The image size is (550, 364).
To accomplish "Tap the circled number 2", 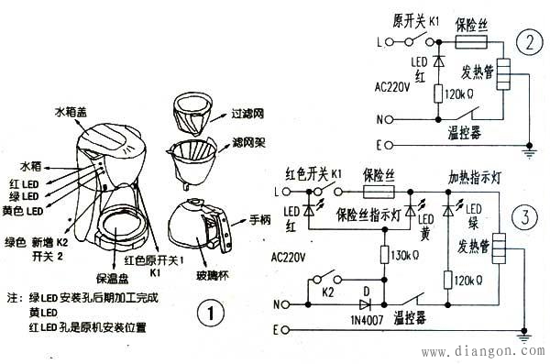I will click(x=525, y=42).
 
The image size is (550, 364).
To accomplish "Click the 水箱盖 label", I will click(x=72, y=112).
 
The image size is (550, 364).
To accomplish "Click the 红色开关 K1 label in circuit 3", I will click(x=315, y=173).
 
